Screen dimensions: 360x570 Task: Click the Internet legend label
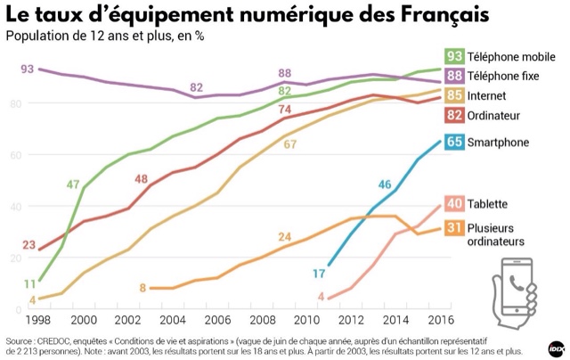click(489, 95)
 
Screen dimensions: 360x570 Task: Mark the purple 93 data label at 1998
click(27, 69)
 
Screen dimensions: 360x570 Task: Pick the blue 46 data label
click(385, 184)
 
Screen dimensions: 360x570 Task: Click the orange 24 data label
click(284, 236)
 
